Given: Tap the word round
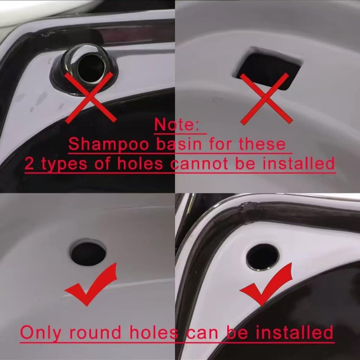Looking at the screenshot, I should (95, 333).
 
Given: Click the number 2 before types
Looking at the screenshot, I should (30, 163).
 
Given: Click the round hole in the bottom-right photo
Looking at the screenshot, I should (262, 257).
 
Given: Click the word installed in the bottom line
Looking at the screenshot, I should (295, 333).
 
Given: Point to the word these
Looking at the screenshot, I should (262, 144).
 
